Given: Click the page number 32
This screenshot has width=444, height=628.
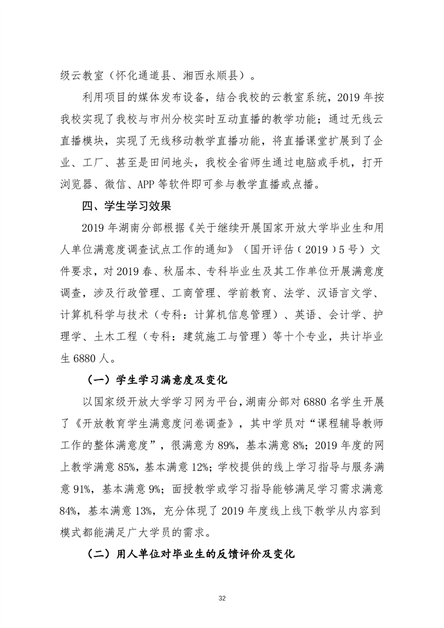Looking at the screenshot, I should pyautogui.click(x=222, y=598).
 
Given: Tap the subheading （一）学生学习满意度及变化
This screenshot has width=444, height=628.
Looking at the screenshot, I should pyautogui.click(x=157, y=381).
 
